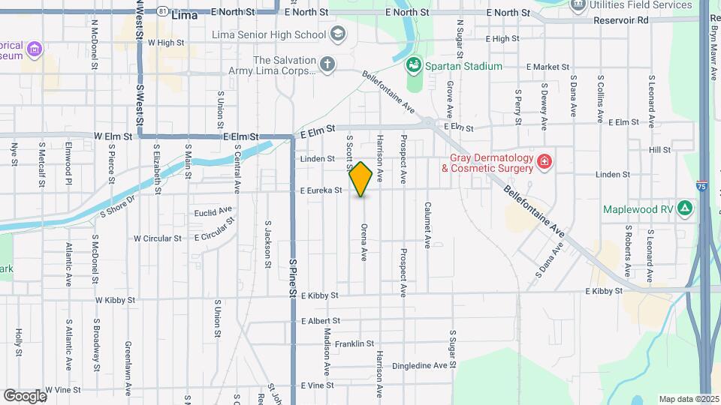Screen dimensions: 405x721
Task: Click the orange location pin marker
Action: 361,179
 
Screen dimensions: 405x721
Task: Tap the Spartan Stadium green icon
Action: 413,67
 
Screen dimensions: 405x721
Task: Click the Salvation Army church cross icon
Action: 326,64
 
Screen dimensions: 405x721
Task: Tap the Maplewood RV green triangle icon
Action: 684,208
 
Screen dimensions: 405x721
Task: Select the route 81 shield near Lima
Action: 162,12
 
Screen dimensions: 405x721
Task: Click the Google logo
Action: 25,395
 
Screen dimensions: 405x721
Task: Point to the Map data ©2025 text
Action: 688,399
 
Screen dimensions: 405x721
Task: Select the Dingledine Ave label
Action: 424,366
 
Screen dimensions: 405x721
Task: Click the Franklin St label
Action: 354,343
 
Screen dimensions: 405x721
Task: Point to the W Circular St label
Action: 158,238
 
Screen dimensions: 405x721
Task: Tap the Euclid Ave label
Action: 213,211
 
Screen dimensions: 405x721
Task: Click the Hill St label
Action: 659,150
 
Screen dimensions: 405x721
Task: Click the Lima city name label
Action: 184,14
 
